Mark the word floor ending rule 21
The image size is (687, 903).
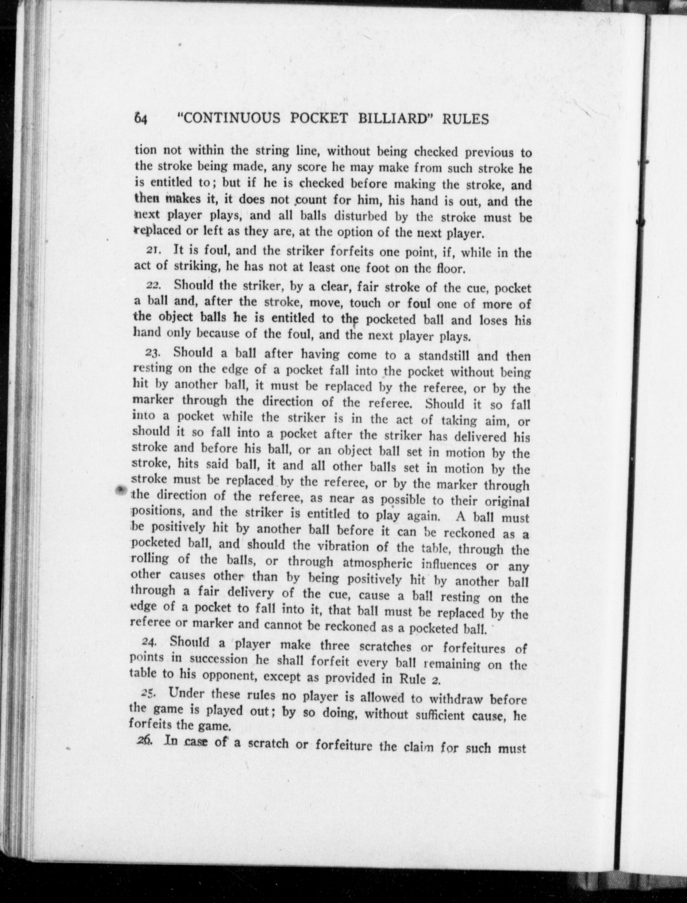click(x=448, y=270)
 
